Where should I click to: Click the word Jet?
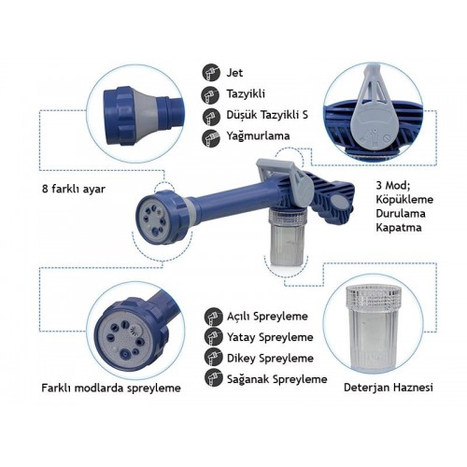pyautogui.click(x=234, y=73)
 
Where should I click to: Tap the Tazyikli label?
pyautogui.click(x=246, y=93)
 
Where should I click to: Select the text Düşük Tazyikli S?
pyautogui.click(x=267, y=115)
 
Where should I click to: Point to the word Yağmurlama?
pyautogui.click(x=258, y=135)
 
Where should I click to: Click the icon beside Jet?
pyautogui.click(x=211, y=73)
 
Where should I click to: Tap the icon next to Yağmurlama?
pyautogui.click(x=211, y=137)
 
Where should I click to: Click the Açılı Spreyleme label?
pyautogui.click(x=267, y=317)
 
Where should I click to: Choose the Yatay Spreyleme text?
pyautogui.click(x=270, y=337)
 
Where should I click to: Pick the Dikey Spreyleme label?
pyautogui.click(x=270, y=358)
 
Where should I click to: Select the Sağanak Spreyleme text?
pyautogui.click(x=276, y=379)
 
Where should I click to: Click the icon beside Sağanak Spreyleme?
pyautogui.click(x=214, y=377)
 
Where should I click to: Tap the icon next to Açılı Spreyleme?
pyautogui.click(x=214, y=317)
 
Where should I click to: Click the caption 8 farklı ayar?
pyautogui.click(x=74, y=189)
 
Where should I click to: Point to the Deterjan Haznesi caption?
pyautogui.click(x=389, y=388)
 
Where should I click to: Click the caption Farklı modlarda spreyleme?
pyautogui.click(x=111, y=388)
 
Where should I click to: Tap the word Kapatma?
pyautogui.click(x=399, y=227)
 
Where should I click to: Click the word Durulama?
pyautogui.click(x=401, y=214)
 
